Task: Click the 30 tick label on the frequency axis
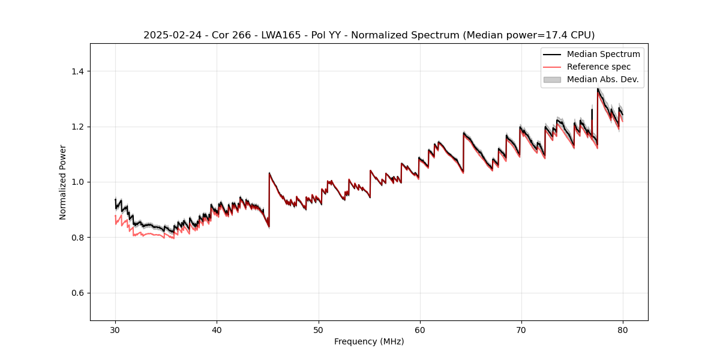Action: (115, 329)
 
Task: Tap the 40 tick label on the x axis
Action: (217, 329)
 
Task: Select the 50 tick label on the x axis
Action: (318, 329)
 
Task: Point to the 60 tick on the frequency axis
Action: (419, 329)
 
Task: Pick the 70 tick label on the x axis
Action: (521, 329)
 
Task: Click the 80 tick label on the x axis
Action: (622, 329)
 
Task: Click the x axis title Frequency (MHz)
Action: (369, 341)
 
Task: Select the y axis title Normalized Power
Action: (63, 182)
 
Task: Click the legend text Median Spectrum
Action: (603, 54)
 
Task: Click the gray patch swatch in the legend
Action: (552, 79)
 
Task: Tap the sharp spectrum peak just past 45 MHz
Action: (269, 173)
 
